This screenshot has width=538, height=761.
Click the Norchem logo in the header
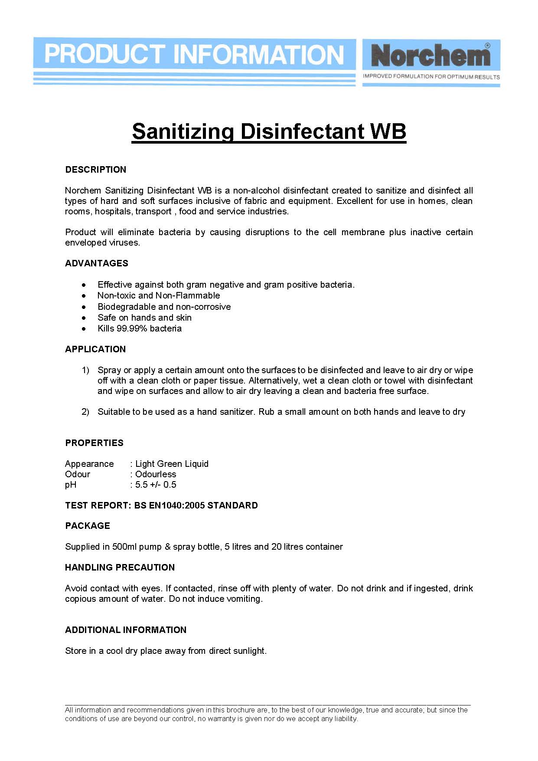(430, 56)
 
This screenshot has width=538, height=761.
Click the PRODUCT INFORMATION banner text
(194, 55)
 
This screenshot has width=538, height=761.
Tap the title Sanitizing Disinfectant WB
(269, 131)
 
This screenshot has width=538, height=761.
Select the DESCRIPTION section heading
(96, 170)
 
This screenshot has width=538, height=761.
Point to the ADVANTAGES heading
(97, 263)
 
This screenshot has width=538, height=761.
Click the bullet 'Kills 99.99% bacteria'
(140, 328)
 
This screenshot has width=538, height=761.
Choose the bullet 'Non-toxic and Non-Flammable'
(159, 295)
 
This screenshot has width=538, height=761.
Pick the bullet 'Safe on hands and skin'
(144, 318)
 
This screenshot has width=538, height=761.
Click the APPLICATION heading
(95, 349)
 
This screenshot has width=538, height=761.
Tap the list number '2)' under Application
(85, 412)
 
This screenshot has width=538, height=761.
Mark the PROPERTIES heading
(94, 443)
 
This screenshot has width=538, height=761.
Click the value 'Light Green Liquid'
(172, 464)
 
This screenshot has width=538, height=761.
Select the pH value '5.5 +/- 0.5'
(156, 485)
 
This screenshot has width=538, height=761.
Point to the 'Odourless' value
(156, 474)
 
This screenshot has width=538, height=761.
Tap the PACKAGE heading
(88, 526)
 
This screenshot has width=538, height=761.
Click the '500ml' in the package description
(124, 547)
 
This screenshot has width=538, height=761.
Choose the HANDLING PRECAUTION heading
(120, 567)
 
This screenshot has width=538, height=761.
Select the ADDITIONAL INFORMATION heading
(126, 630)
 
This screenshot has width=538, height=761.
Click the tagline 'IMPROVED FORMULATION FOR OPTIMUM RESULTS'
(431, 77)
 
